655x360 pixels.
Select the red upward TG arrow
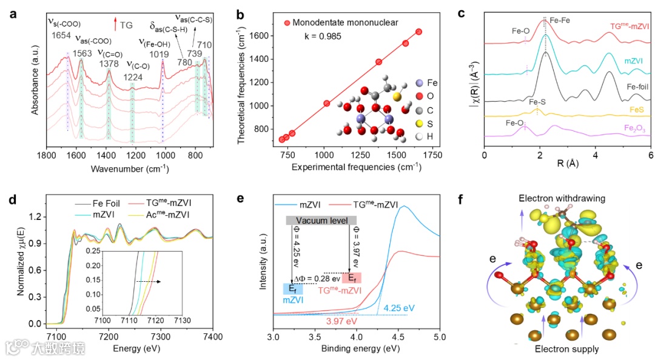[x=114, y=25]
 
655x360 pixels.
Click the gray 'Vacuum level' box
[x=321, y=220]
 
